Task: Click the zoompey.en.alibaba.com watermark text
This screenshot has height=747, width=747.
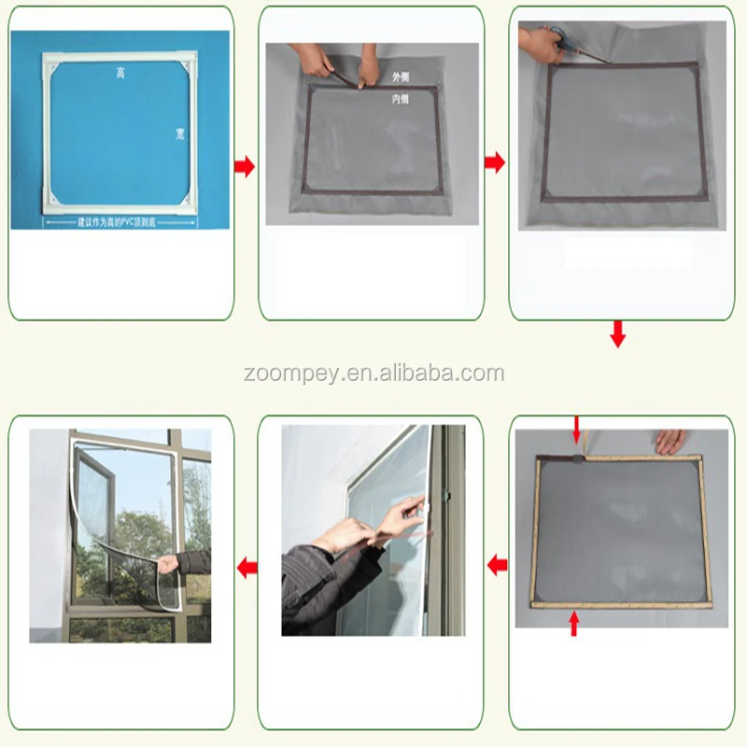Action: [373, 374]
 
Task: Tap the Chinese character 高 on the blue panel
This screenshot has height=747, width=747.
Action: [120, 72]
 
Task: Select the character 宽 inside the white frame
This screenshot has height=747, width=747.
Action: [179, 134]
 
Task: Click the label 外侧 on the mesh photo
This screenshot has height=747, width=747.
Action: [401, 76]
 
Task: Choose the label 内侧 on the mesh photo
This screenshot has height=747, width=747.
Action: [401, 98]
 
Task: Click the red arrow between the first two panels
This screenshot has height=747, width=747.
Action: [245, 166]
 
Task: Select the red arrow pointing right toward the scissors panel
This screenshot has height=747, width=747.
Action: [495, 162]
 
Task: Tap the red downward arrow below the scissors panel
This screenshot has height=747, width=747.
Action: [617, 333]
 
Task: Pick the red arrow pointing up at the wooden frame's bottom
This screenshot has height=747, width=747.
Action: [573, 623]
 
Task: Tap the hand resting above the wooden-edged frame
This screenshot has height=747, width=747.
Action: [669, 442]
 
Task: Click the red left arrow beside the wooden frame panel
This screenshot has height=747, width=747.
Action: [498, 564]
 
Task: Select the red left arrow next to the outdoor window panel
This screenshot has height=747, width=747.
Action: [247, 567]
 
